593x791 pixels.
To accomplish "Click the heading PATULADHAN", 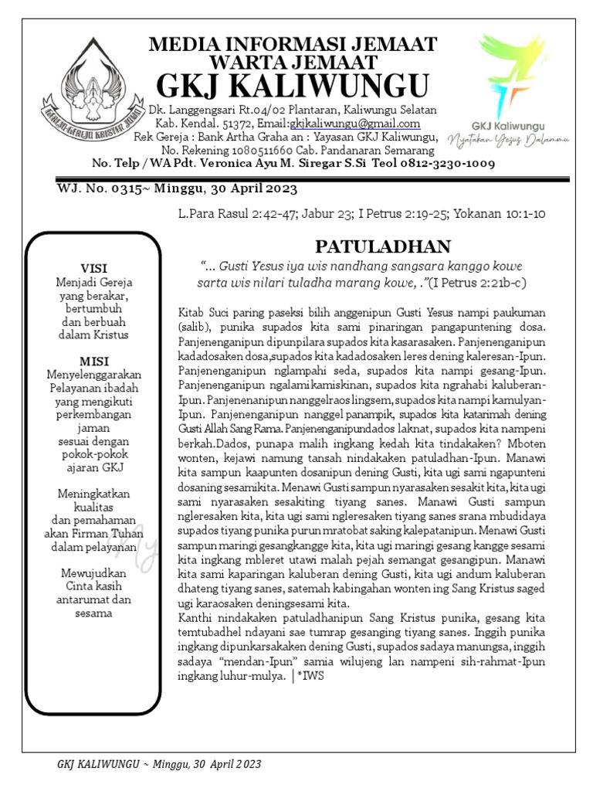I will pyautogui.click(x=382, y=246).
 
